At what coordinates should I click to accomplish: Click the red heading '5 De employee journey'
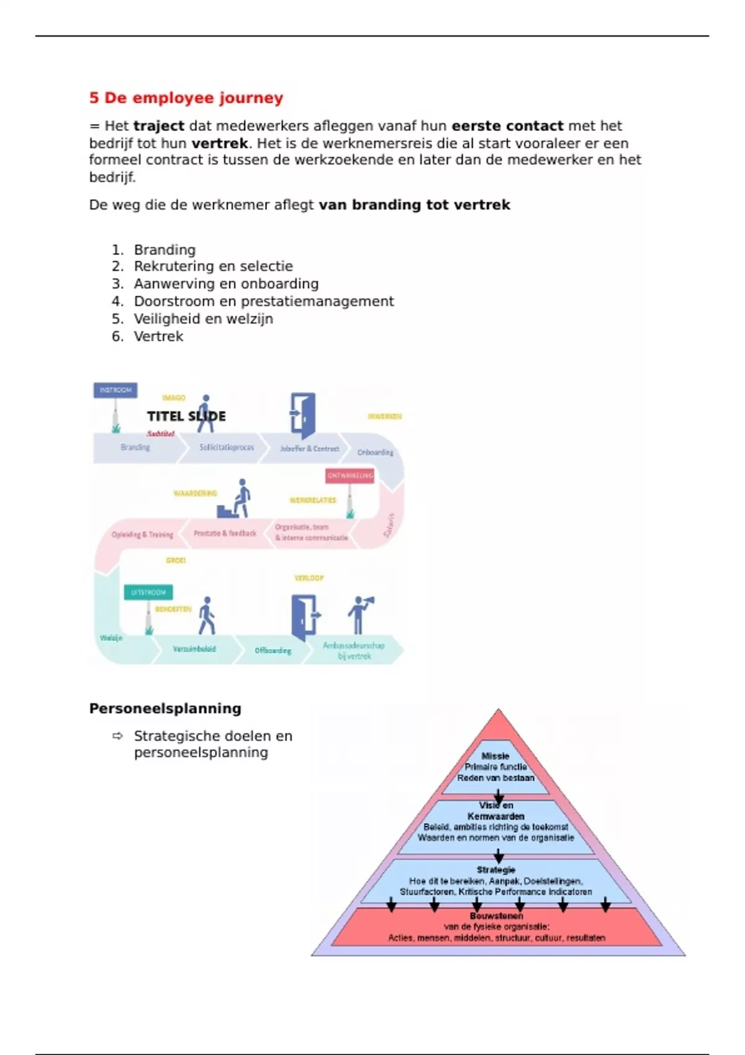click(x=186, y=98)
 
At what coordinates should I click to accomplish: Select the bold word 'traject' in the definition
click(x=158, y=126)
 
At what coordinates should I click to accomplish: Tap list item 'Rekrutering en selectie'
click(x=213, y=266)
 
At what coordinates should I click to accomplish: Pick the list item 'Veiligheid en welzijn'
click(x=203, y=319)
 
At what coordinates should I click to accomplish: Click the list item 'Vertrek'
click(x=158, y=336)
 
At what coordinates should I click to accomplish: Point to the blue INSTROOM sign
click(x=115, y=390)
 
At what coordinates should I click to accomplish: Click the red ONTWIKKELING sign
click(x=350, y=476)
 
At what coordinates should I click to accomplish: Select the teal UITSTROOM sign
click(x=148, y=593)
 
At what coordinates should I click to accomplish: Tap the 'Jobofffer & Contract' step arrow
click(x=309, y=448)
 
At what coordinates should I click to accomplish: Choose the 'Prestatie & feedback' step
click(x=225, y=533)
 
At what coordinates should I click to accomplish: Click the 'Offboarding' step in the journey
click(x=273, y=650)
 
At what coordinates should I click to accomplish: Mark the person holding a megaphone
click(x=359, y=614)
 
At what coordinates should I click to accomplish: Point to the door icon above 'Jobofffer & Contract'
click(x=303, y=415)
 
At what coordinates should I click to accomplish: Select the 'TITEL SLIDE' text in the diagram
click(x=186, y=416)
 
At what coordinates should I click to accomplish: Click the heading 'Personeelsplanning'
click(x=165, y=709)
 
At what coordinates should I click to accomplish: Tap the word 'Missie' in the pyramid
click(x=495, y=756)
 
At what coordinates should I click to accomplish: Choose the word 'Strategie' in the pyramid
click(x=496, y=870)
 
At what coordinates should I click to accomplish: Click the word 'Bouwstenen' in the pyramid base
click(x=496, y=916)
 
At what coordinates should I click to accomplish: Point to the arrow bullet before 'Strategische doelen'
click(x=118, y=736)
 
